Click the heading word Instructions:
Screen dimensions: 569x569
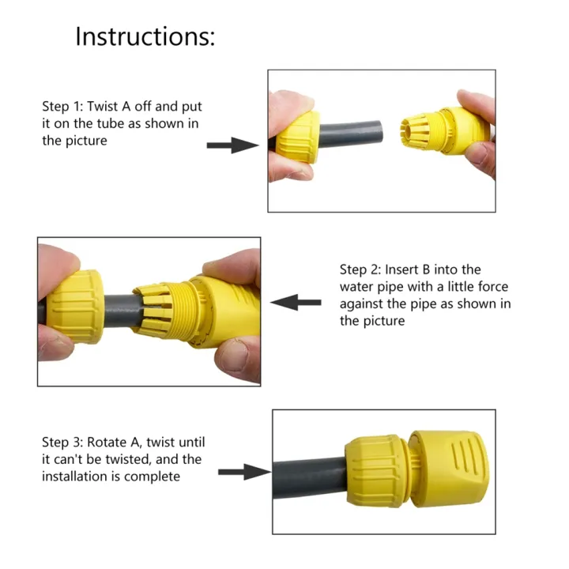[145, 36]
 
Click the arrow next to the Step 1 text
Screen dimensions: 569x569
[232, 145]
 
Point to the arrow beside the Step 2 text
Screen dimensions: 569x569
[296, 302]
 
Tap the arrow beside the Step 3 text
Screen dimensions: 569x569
[244, 472]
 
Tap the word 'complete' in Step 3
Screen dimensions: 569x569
[153, 477]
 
